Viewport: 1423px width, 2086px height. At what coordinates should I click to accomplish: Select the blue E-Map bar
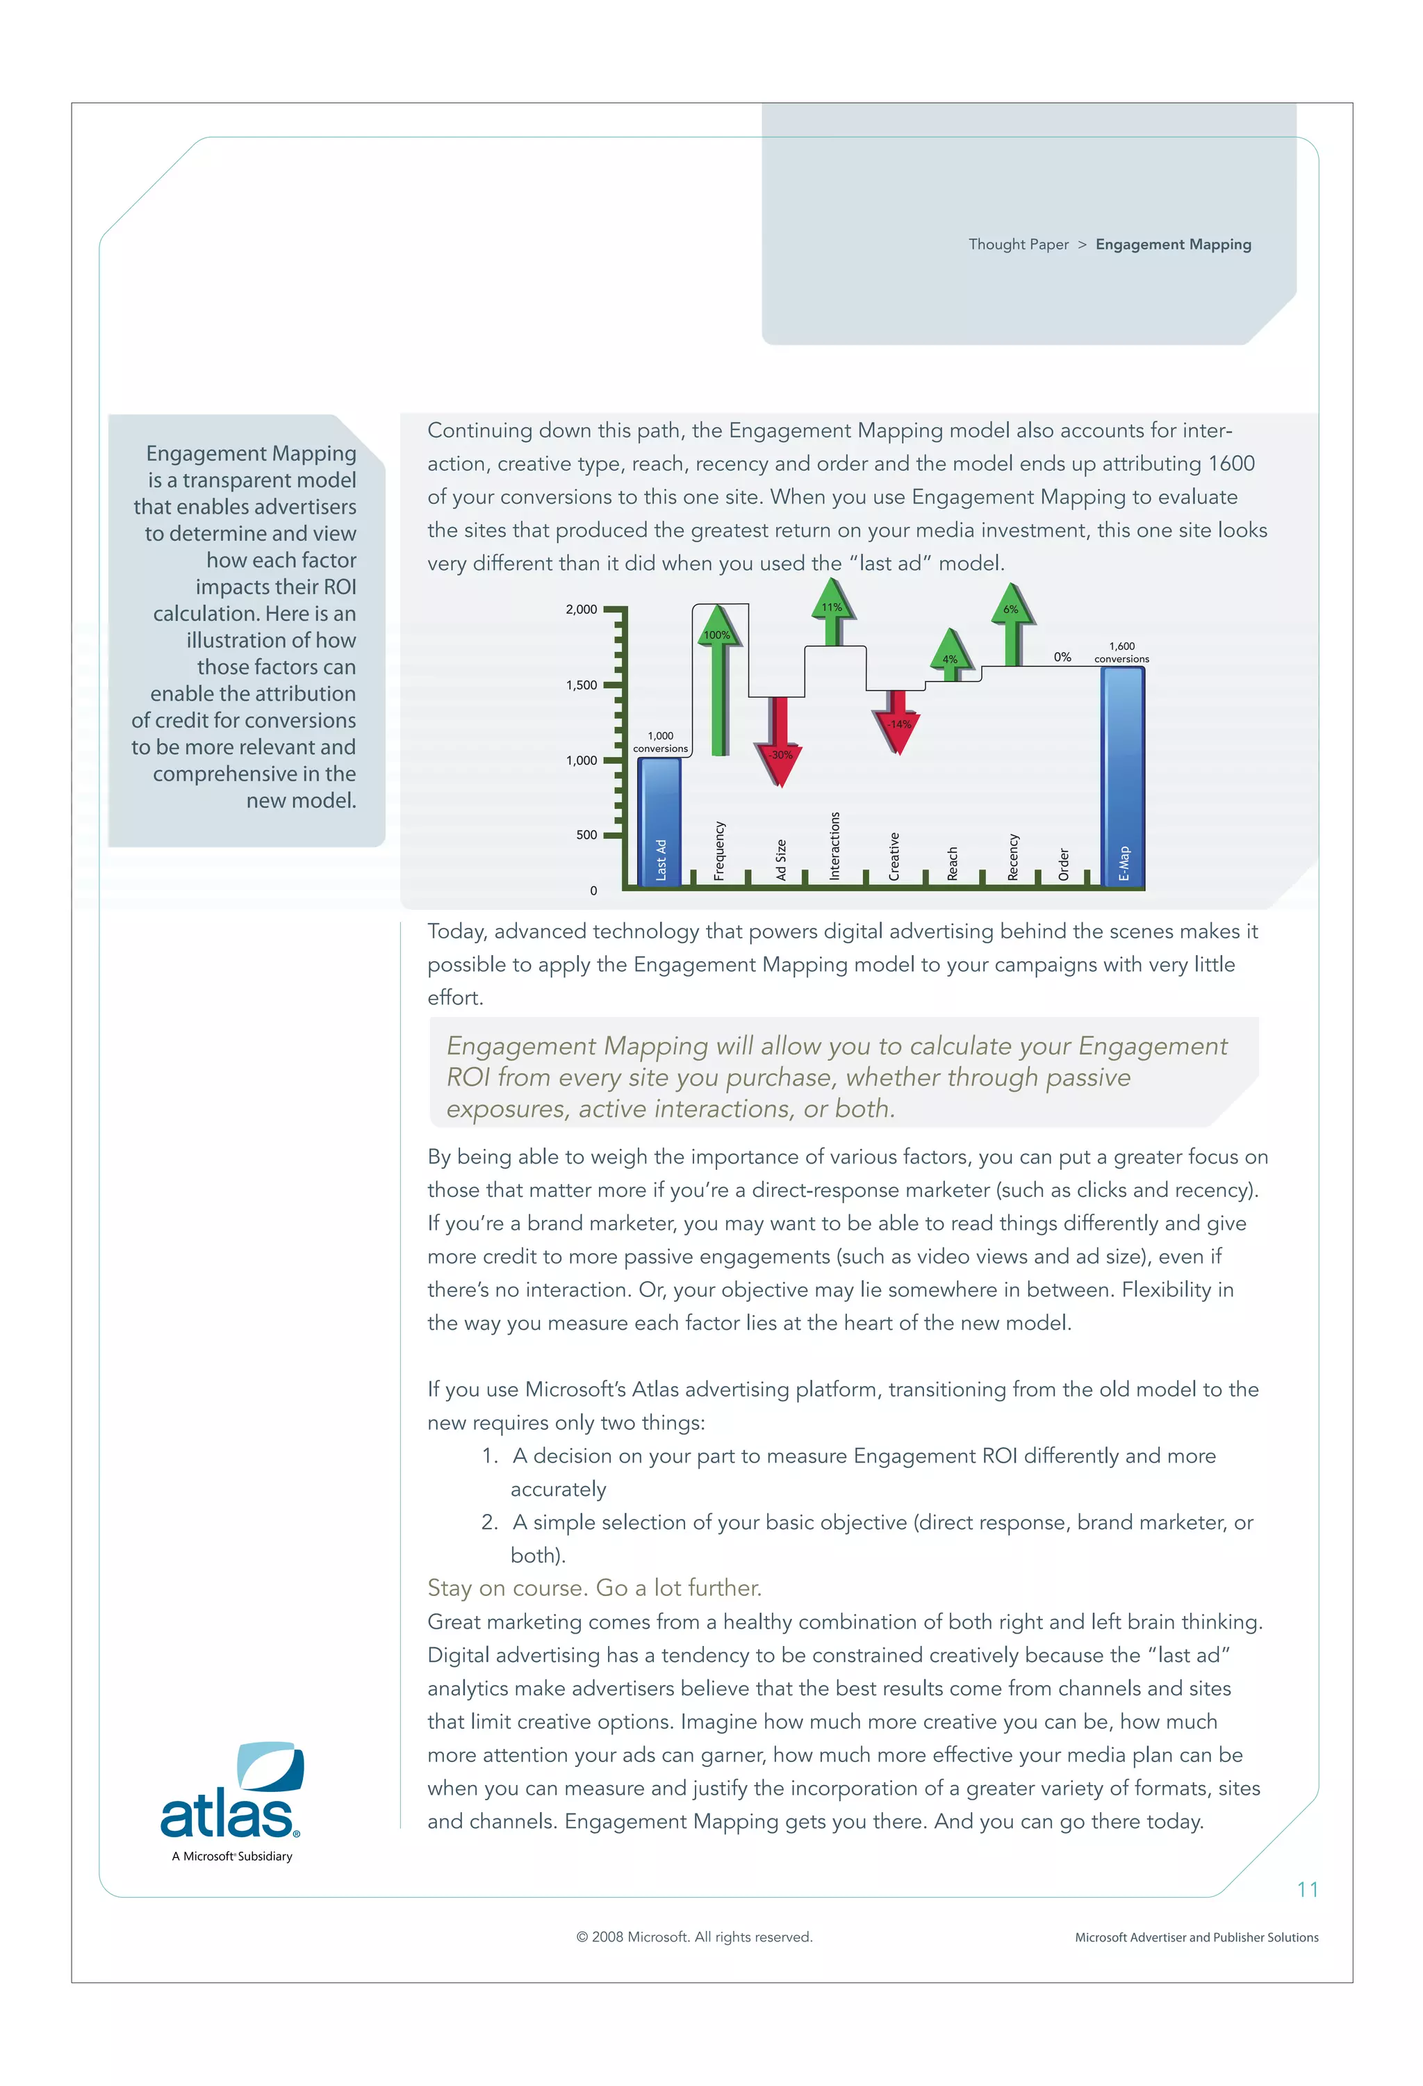[1121, 776]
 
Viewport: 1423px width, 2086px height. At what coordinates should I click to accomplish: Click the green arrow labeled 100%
[718, 682]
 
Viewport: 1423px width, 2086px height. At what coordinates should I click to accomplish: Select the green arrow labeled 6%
[1012, 624]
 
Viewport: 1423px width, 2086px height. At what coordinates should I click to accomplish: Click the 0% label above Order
[1062, 657]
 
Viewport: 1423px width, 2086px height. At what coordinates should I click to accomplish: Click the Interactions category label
[834, 845]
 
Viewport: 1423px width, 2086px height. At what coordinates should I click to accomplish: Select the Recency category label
[1013, 856]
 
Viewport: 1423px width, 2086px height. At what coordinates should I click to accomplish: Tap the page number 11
[1307, 1889]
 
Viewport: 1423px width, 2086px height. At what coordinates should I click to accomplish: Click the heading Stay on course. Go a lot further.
[594, 1588]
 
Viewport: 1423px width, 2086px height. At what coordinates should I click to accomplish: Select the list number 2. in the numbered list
[489, 1522]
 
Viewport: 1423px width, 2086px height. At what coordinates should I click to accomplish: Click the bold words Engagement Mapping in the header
[1173, 244]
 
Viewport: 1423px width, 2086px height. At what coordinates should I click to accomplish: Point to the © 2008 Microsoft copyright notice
[693, 1937]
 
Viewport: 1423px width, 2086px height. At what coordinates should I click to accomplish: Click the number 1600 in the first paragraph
[1231, 464]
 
